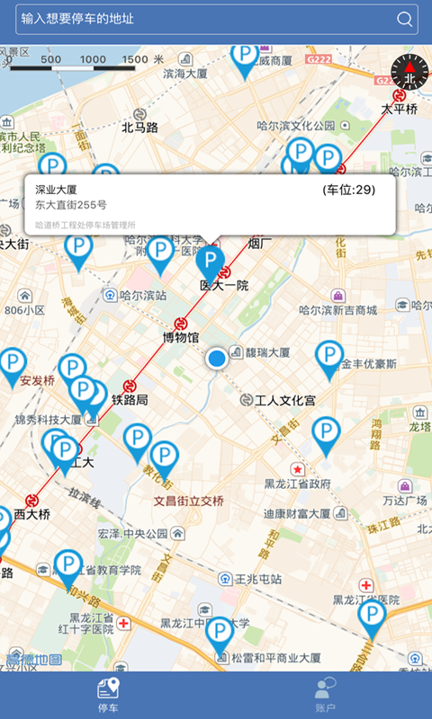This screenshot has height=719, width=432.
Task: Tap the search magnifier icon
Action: tap(405, 19)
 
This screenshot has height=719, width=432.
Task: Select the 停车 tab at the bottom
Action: tap(108, 695)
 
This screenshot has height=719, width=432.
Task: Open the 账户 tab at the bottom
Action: tap(324, 695)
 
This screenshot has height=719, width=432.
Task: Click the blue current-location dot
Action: tap(216, 359)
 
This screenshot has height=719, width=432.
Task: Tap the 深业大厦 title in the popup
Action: tap(56, 190)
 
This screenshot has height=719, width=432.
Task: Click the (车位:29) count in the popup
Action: tap(348, 190)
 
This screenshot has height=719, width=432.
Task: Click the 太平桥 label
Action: tap(399, 110)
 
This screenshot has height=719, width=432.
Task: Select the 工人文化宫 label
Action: tap(284, 400)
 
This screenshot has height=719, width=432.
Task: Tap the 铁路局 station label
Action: tap(130, 399)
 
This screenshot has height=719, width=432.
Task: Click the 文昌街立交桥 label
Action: tap(189, 501)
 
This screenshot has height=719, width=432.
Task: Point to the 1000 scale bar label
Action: tap(93, 60)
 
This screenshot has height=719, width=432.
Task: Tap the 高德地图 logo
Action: tap(33, 661)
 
